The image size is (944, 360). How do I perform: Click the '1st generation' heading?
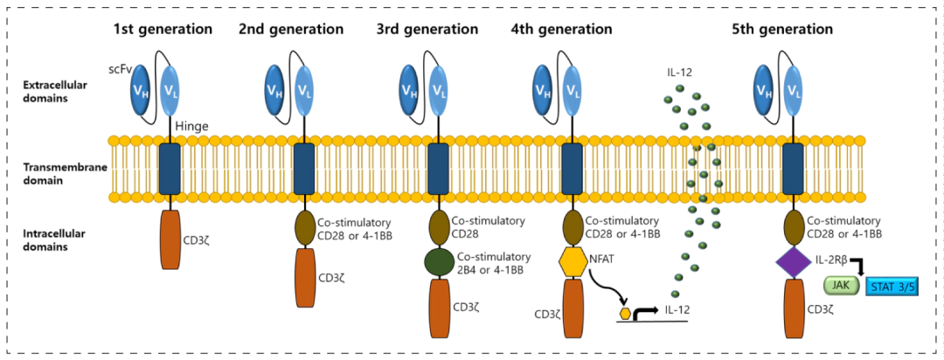tap(163, 29)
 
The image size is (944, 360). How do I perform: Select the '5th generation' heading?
tap(782, 29)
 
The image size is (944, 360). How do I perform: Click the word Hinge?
tap(193, 126)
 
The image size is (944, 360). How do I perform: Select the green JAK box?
tap(841, 285)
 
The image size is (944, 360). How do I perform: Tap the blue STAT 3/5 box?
tap(892, 285)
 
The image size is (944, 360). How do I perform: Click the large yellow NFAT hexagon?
tap(572, 260)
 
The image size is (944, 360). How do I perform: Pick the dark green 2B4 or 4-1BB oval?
tap(440, 262)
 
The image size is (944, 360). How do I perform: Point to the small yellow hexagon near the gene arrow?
tap(624, 312)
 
